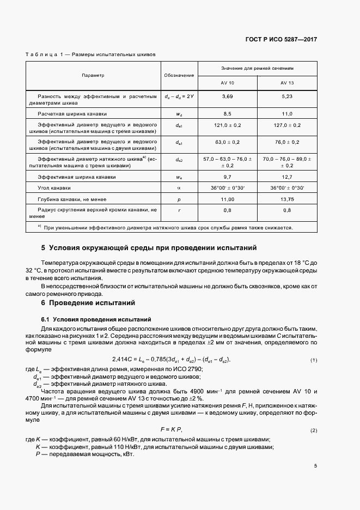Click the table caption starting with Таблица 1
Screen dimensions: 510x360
click(x=91, y=55)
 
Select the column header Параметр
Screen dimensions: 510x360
click(x=93, y=75)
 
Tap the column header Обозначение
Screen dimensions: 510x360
click(x=179, y=75)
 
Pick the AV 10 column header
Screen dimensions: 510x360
click(x=227, y=83)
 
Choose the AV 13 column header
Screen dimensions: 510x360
click(x=287, y=83)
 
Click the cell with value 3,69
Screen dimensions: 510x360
click(x=227, y=96)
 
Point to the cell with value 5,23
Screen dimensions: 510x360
click(x=287, y=96)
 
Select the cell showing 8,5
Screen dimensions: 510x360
click(x=227, y=114)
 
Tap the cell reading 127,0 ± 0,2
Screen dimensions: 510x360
click(x=287, y=125)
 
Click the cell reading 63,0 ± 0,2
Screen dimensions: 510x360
click(x=227, y=142)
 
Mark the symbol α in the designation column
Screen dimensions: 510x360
click(x=179, y=188)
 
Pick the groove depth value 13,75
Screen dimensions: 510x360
click(x=287, y=199)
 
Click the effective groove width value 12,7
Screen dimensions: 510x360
click(x=287, y=177)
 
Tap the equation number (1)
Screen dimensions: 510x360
click(x=314, y=361)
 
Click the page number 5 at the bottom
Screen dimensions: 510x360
click(x=315, y=466)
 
